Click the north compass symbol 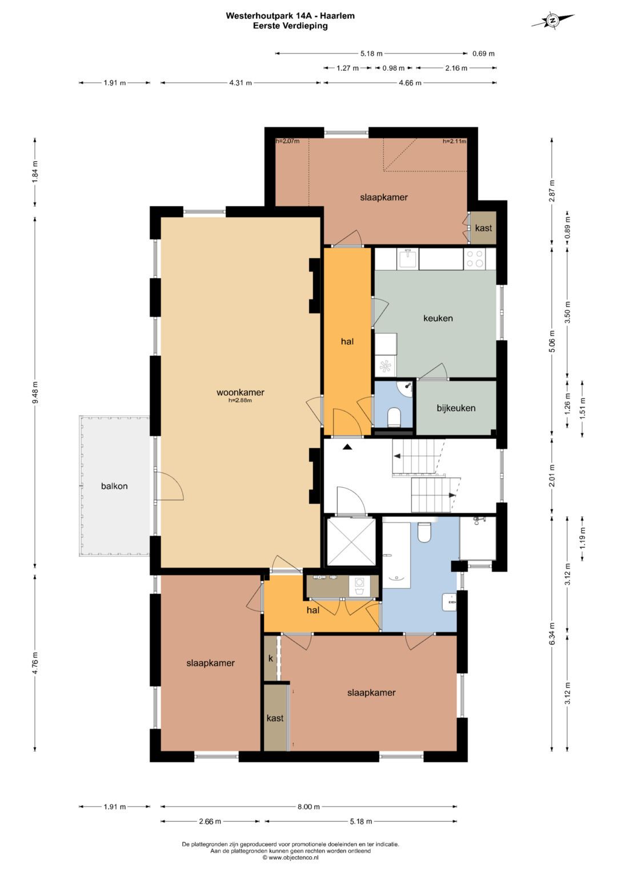[552, 20]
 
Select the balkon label [114, 486]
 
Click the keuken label [438, 318]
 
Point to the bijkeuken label [456, 408]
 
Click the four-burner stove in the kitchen [475, 259]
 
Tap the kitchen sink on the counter [408, 259]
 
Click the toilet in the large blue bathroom [424, 532]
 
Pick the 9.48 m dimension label [35, 392]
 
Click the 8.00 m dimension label [308, 806]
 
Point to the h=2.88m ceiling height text [241, 400]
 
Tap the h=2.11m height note [454, 141]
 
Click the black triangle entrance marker [347, 447]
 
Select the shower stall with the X [351, 542]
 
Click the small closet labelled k [271, 658]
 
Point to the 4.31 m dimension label [241, 83]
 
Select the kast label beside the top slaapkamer [483, 228]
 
